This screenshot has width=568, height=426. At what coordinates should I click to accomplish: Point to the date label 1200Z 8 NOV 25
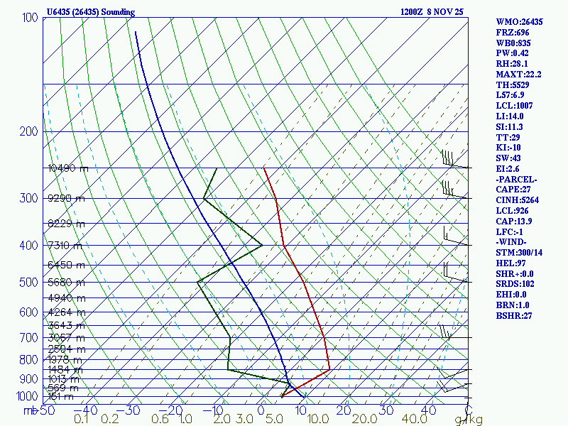tap(432, 12)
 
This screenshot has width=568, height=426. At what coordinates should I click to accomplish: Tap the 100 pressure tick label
tap(30, 17)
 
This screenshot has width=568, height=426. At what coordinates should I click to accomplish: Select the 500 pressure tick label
tap(30, 283)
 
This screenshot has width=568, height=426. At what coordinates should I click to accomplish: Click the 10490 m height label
tap(67, 168)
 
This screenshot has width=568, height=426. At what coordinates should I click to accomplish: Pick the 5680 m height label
tap(65, 282)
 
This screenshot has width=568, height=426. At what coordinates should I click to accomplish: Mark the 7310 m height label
tap(65, 246)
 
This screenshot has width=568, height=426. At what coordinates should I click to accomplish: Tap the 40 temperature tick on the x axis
tap(428, 410)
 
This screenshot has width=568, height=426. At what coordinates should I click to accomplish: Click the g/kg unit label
tap(469, 420)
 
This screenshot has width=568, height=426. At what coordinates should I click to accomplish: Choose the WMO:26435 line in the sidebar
tap(519, 22)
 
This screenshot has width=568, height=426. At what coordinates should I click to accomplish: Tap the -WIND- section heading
tap(514, 242)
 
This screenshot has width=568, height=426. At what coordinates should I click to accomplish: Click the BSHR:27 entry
tap(514, 315)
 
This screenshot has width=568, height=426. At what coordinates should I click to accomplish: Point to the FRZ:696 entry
tap(513, 33)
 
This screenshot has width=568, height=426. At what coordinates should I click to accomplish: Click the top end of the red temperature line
tap(263, 168)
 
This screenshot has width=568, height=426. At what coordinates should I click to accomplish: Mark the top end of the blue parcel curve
tap(135, 31)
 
